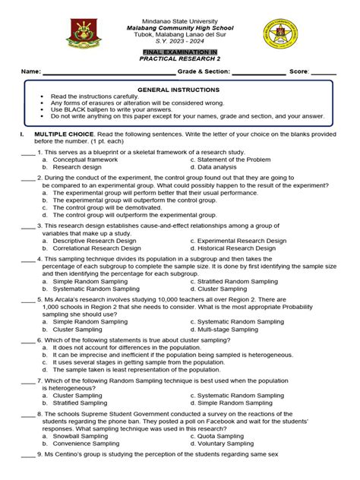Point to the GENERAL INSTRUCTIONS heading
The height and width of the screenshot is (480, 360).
click(180, 90)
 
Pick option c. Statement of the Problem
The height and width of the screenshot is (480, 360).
click(230, 159)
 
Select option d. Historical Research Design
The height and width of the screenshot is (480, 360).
click(237, 248)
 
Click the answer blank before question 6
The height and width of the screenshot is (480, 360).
click(27, 340)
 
